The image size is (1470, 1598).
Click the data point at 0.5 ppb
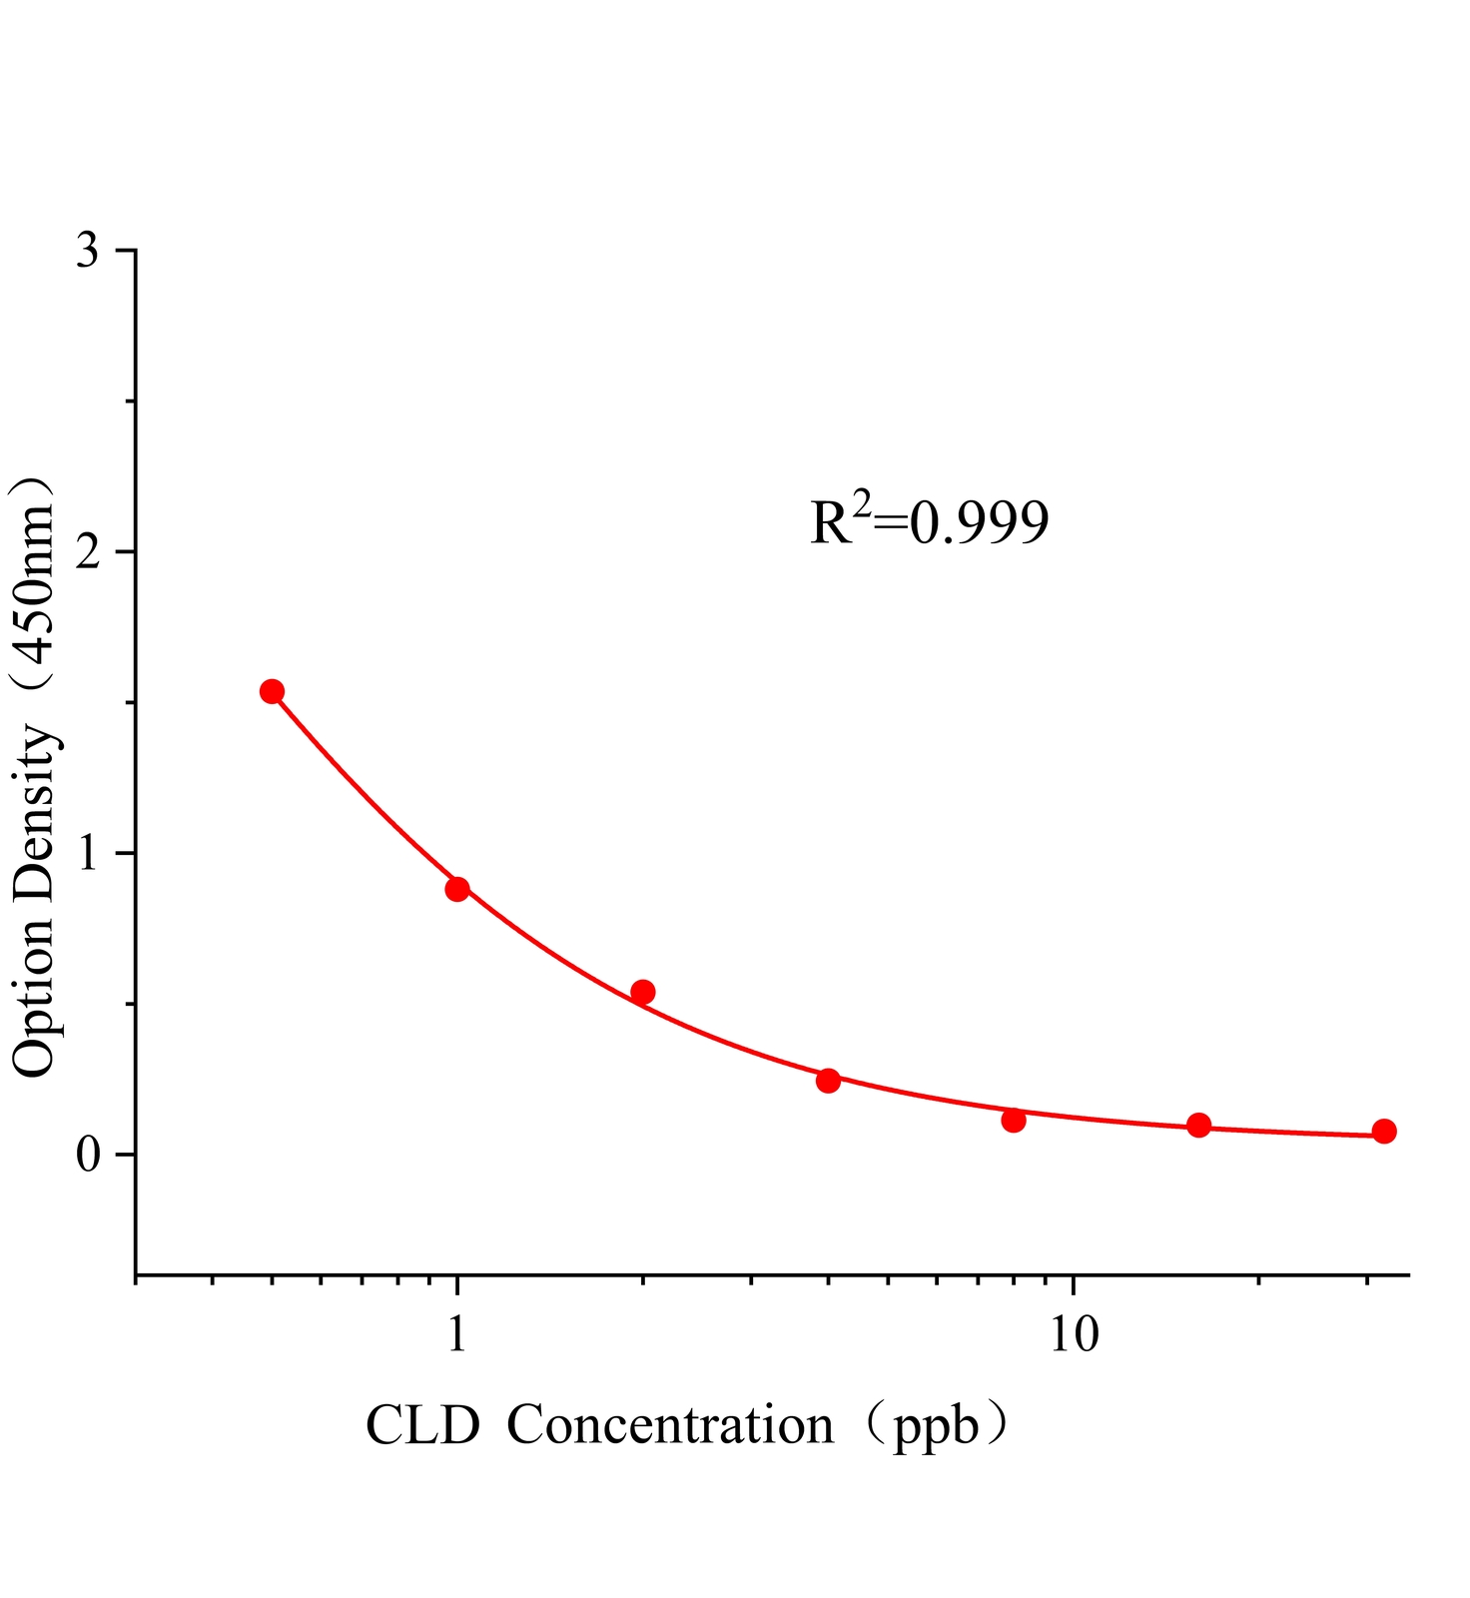272,691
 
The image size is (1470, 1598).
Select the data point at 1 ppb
457,889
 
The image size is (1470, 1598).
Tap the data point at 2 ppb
643,992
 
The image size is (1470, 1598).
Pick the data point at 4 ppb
828,1081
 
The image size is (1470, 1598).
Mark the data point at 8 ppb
1014,1121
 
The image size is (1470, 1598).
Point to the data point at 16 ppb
1199,1126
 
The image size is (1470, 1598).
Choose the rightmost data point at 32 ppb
1384,1132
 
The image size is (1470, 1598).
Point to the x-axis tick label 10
1073,1334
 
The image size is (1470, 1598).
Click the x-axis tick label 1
457,1334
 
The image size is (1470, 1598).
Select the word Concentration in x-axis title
670,1425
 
